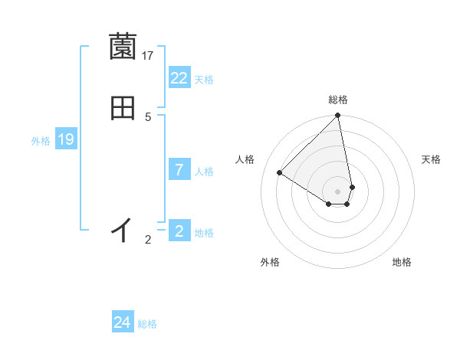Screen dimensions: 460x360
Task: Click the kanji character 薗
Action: pos(123,47)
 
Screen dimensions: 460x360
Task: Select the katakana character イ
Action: pos(123,229)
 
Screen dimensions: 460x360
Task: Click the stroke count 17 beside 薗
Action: pos(148,56)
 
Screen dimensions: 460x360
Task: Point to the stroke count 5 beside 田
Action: pos(148,116)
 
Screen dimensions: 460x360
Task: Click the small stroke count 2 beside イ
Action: pos(148,240)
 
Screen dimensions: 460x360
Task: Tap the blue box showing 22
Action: pos(179,78)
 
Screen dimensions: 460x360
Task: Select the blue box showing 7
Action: pos(179,170)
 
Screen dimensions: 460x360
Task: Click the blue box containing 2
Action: pos(179,231)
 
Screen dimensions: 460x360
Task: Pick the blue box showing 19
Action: pos(66,139)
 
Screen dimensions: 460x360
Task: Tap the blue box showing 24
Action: pos(123,323)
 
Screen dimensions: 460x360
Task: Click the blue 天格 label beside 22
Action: pos(204,80)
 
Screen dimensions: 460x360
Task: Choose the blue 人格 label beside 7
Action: pos(204,172)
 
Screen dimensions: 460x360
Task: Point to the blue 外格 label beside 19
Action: pos(41,141)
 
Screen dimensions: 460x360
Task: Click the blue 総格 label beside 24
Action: pos(147,325)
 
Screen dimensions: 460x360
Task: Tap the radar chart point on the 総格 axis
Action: pos(338,116)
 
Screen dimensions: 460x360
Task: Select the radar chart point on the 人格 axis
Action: pos(280,173)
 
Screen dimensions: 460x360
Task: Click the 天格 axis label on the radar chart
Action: pos(432,159)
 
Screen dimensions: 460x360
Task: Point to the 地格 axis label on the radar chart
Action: pos(402,262)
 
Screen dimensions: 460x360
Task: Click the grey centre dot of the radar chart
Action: pos(338,191)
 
